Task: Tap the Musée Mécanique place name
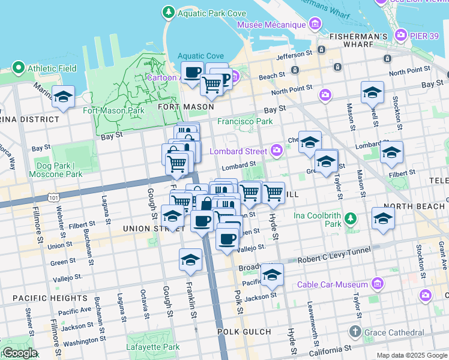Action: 271,25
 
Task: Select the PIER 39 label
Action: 427,36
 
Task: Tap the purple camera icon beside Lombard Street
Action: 277,149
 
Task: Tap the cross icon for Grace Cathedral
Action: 355,332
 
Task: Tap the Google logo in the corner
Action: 20,353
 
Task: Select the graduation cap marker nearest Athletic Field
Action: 63,97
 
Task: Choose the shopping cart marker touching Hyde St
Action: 274,193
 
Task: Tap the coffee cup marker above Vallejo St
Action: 227,239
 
